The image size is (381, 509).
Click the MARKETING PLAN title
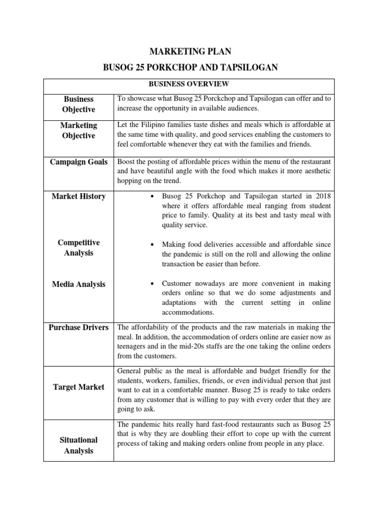point(190,51)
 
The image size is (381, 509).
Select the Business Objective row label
point(78,104)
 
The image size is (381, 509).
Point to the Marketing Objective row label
point(78,130)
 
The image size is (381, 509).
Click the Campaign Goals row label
point(78,162)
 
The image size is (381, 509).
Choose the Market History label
point(78,196)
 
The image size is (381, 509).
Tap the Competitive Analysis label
point(78,248)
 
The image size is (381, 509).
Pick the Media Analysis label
point(78,284)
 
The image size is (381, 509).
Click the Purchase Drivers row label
point(78,328)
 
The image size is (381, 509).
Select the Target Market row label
point(78,387)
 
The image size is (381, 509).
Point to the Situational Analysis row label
point(78,445)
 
